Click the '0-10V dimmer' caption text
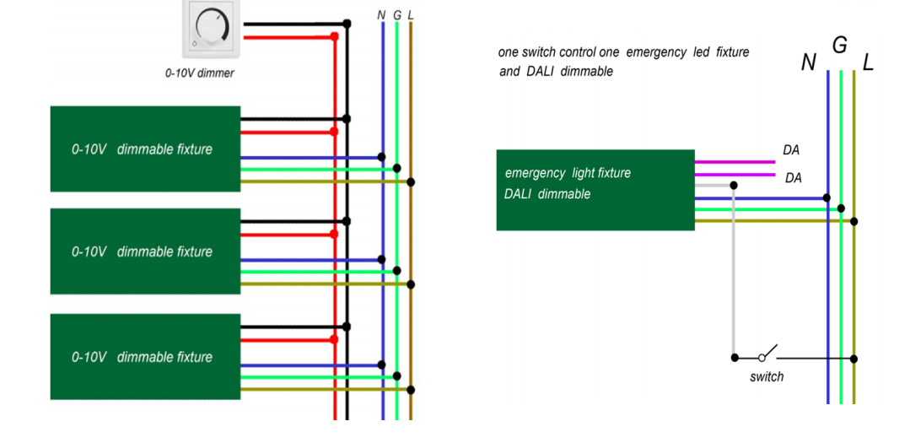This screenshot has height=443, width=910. click(x=200, y=73)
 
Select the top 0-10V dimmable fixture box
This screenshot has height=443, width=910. click(x=145, y=149)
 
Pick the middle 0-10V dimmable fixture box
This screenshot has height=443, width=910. click(x=145, y=251)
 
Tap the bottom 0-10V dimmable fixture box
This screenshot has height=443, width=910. click(x=145, y=356)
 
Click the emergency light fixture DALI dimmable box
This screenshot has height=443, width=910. click(x=595, y=190)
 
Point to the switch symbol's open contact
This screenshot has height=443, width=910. click(x=767, y=353)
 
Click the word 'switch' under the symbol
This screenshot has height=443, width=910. click(x=767, y=377)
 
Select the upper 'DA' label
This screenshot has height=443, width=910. click(x=791, y=150)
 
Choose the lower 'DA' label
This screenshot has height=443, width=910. click(x=794, y=178)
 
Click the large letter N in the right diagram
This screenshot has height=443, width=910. click(x=809, y=62)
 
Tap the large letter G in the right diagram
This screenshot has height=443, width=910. click(x=839, y=45)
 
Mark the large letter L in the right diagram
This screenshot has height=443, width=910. click(x=868, y=62)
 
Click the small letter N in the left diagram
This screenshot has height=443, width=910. click(x=381, y=15)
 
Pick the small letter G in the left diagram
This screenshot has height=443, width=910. click(x=397, y=15)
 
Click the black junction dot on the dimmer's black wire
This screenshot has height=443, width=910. click(x=347, y=24)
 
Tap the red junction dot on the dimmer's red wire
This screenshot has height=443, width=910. click(x=334, y=36)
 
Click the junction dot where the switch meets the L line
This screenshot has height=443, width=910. click(x=853, y=359)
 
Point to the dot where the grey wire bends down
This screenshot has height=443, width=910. click(x=734, y=185)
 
